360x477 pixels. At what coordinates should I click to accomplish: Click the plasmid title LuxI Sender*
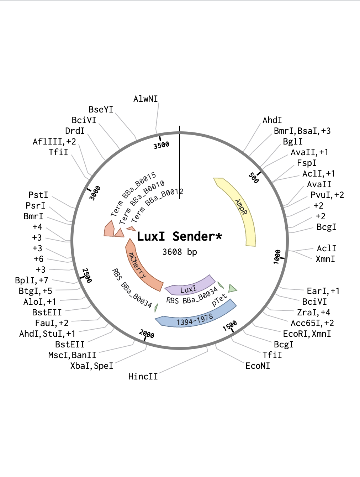click(x=179, y=236)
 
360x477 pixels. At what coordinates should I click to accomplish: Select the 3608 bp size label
click(x=180, y=252)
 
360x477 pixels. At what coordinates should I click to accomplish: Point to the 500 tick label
click(x=254, y=178)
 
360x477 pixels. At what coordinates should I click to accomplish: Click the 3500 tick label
click(x=162, y=145)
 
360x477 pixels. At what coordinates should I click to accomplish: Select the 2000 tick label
click(x=147, y=334)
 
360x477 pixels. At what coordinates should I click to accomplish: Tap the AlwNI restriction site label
click(x=145, y=99)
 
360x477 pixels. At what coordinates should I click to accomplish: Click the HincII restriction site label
click(x=143, y=377)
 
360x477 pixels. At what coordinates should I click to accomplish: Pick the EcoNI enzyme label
click(x=258, y=366)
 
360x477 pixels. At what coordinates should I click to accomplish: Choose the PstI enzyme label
click(x=38, y=195)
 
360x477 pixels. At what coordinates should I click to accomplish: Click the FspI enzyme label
click(x=307, y=163)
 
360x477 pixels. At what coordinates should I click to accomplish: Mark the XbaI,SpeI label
click(x=92, y=366)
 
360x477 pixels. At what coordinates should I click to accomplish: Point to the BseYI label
click(x=101, y=110)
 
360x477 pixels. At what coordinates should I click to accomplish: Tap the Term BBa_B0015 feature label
click(x=133, y=194)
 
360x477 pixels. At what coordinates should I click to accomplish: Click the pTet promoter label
click(x=219, y=300)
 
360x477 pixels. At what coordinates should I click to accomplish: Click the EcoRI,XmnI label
click(x=307, y=334)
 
